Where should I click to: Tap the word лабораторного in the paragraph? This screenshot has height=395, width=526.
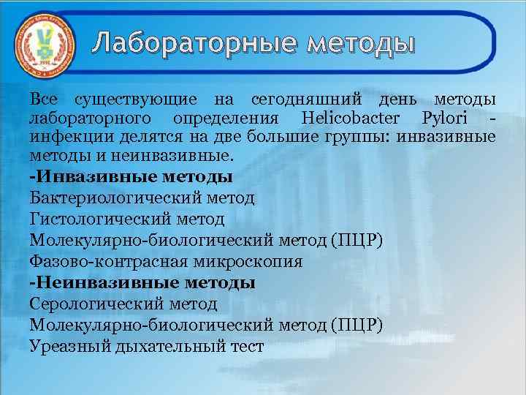coord(90,118)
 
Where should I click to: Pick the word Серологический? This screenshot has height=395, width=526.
coord(97,303)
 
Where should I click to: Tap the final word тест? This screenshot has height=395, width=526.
coord(247,345)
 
